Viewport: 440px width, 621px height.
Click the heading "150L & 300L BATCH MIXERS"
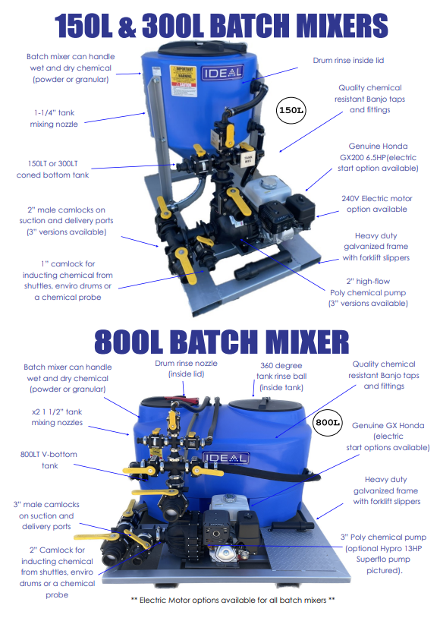[220, 26]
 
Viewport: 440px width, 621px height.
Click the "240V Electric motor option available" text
[376, 203]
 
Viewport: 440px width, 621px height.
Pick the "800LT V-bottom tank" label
[49, 460]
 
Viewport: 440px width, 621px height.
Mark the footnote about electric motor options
[233, 600]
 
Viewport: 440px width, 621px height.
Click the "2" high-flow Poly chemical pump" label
[369, 292]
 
